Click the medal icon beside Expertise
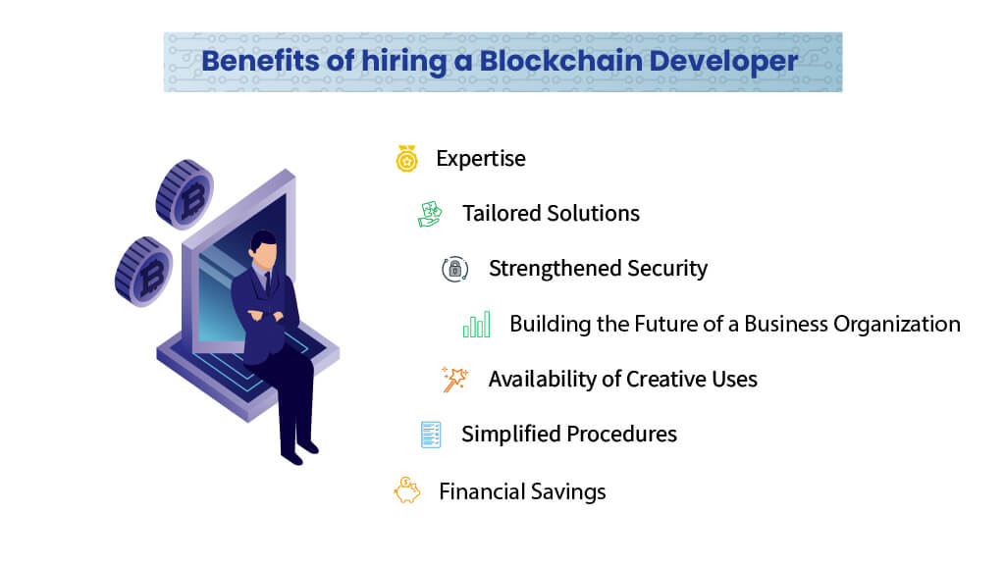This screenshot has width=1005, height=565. (x=407, y=159)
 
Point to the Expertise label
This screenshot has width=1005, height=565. (x=481, y=159)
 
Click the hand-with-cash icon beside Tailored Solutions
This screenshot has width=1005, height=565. (x=431, y=214)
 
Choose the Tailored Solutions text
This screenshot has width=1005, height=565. (x=551, y=214)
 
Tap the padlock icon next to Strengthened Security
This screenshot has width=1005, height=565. (x=453, y=270)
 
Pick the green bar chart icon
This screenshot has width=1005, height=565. (x=477, y=325)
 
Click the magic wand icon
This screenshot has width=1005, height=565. (x=454, y=380)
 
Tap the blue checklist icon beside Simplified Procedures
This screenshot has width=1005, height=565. (x=431, y=435)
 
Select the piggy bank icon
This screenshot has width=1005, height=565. (x=406, y=490)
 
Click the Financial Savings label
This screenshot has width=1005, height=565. (x=522, y=491)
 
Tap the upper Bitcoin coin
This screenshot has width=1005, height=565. (x=185, y=193)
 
